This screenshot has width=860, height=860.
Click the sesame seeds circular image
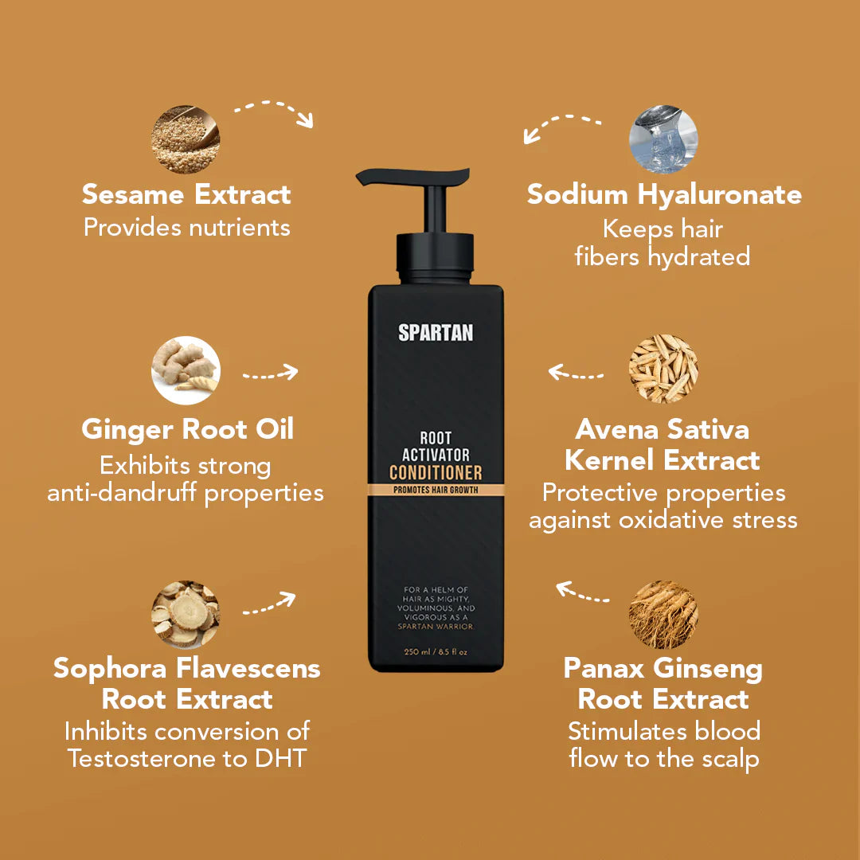[x=186, y=139]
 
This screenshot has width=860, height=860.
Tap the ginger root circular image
[x=186, y=370]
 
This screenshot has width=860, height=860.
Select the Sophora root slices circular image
[x=186, y=615]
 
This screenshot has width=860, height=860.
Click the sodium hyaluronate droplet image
[x=663, y=139]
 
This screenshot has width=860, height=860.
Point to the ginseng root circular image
[x=663, y=615]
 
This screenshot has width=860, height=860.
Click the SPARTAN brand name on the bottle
[x=436, y=332]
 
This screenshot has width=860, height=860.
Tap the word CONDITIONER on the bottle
[x=436, y=471]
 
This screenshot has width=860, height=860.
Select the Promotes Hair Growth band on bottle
[x=436, y=490]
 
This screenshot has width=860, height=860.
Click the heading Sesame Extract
[x=186, y=194]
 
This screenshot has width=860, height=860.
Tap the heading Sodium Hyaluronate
[x=664, y=194]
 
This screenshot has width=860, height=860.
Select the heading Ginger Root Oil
[x=187, y=429]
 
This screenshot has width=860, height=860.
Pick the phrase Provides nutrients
[x=186, y=228]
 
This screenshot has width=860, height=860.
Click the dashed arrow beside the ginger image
[x=269, y=373]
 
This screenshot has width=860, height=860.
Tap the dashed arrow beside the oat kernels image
[x=577, y=373]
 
